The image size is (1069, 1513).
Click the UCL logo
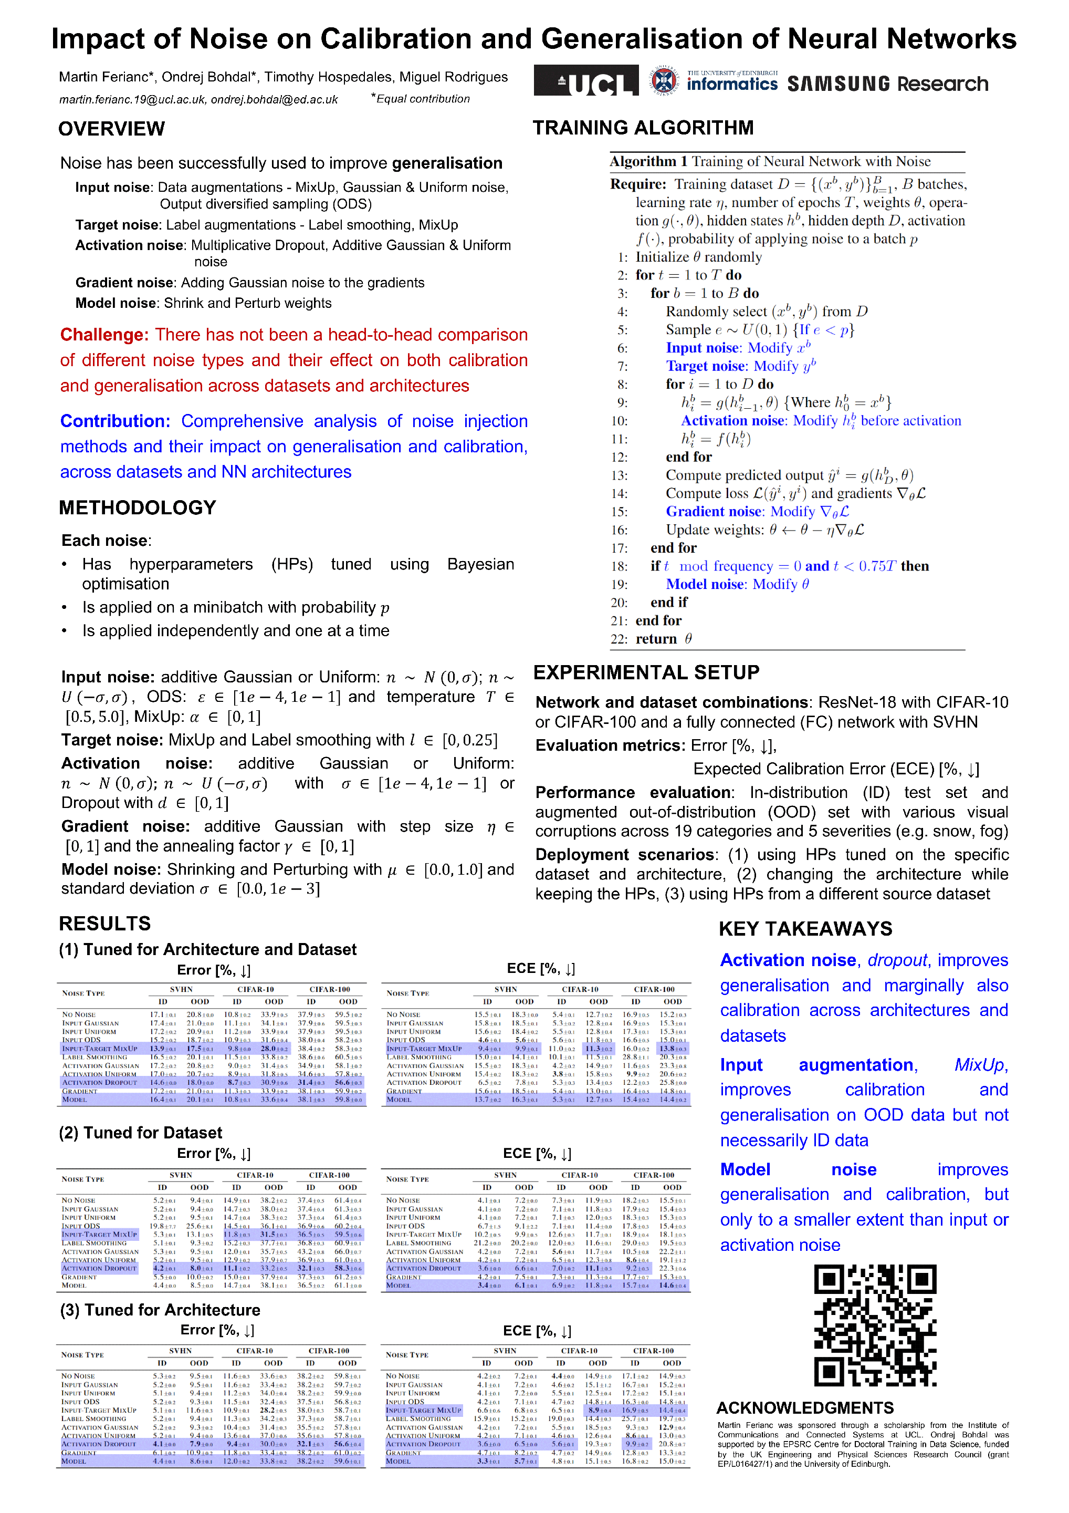click(585, 80)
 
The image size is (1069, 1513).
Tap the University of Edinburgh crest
click(664, 81)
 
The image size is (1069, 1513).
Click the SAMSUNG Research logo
click(887, 84)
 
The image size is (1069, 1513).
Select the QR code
click(875, 1325)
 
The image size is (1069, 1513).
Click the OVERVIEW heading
click(111, 129)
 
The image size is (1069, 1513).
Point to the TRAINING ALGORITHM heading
click(642, 127)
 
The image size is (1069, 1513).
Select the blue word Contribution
click(116, 421)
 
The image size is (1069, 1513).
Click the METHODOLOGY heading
click(137, 507)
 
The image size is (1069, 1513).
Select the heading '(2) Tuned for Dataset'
click(140, 1132)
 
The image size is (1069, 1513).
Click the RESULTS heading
click(104, 923)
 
